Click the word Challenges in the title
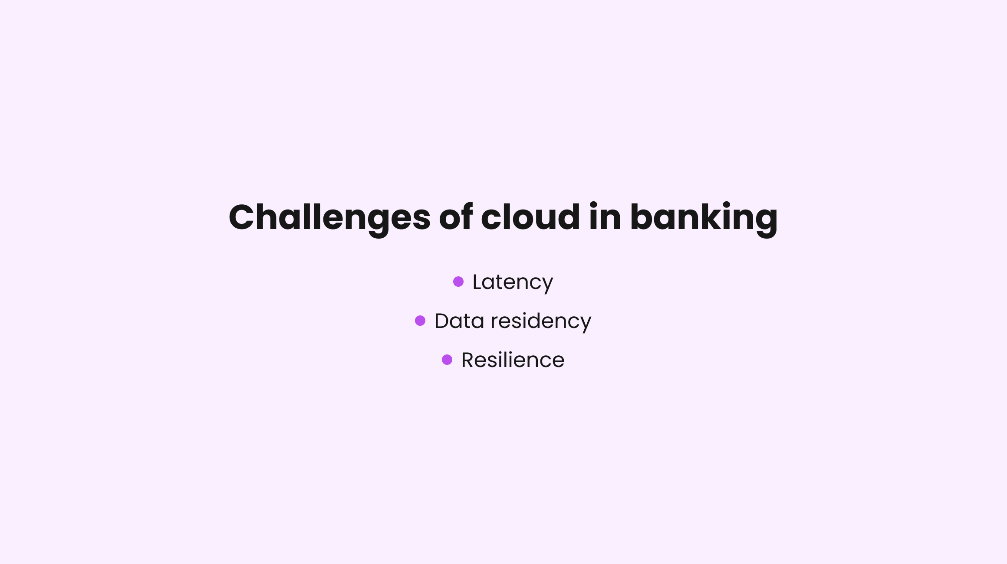(x=329, y=217)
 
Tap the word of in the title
(x=455, y=217)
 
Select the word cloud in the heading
(x=530, y=217)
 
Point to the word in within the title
(x=605, y=217)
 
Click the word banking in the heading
(x=704, y=217)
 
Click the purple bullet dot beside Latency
(x=458, y=282)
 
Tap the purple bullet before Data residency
(x=420, y=321)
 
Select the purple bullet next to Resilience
(x=447, y=360)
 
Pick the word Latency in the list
(x=513, y=282)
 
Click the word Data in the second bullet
(x=459, y=321)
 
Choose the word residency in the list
(x=541, y=321)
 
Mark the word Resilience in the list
(x=513, y=360)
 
